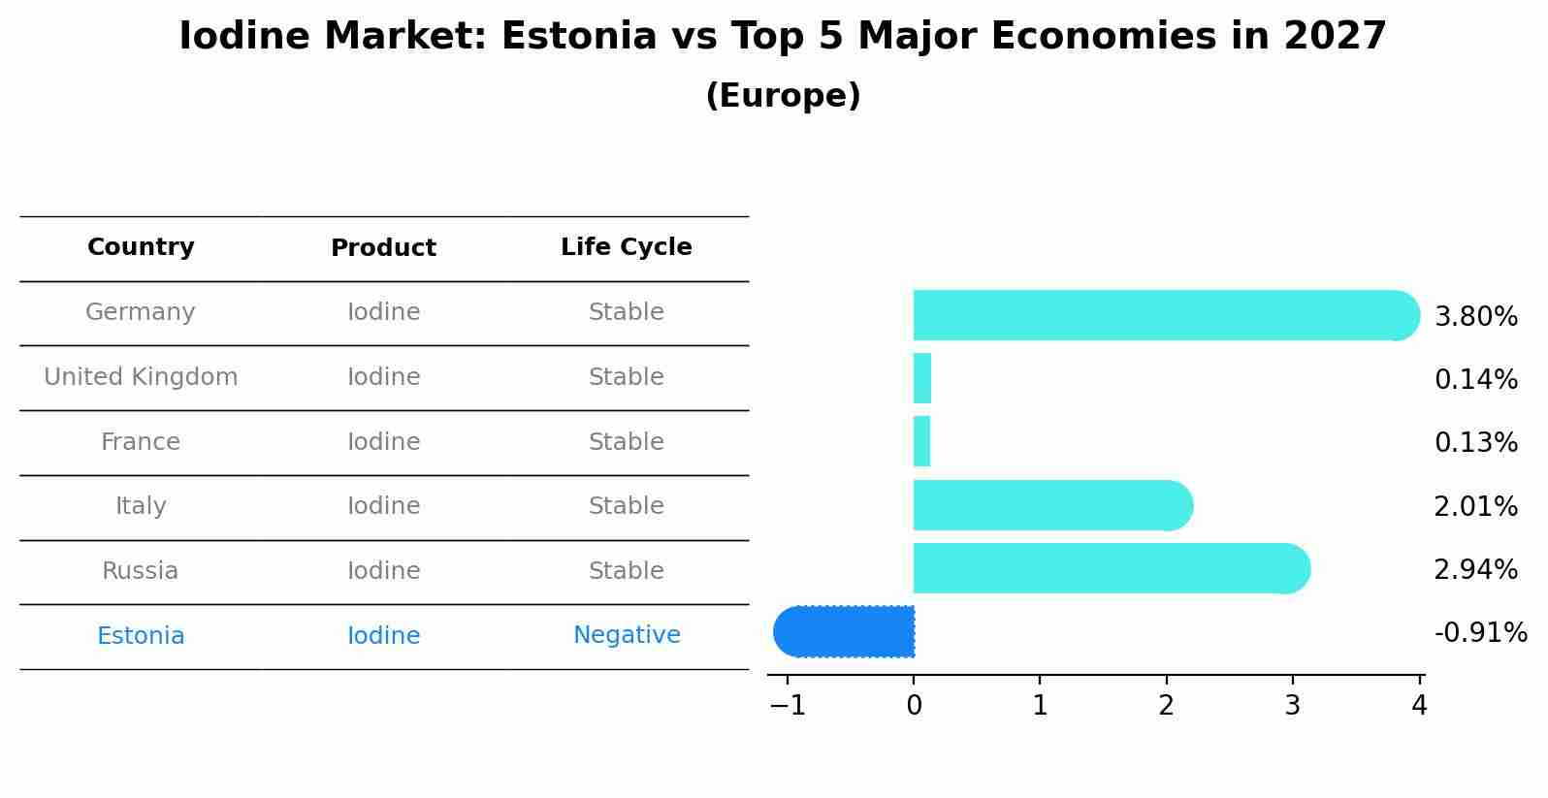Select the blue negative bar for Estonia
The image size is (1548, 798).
tap(844, 631)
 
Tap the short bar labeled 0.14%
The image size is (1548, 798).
tap(922, 378)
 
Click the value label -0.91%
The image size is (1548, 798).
tap(1480, 633)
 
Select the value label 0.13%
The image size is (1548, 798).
tap(1475, 443)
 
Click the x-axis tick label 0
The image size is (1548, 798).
tap(914, 706)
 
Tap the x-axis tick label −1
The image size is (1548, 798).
tap(788, 706)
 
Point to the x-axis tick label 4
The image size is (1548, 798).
tap(1419, 706)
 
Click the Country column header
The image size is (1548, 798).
tap(141, 247)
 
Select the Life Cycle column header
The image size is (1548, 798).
tap(626, 247)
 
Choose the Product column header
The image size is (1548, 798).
tap(383, 248)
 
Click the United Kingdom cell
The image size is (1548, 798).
tap(141, 377)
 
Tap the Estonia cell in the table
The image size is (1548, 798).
tap(141, 636)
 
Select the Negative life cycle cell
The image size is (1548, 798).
tap(627, 635)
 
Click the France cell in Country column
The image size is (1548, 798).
tap(141, 442)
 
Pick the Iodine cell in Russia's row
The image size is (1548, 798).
tap(383, 571)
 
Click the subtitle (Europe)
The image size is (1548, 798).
tap(783, 96)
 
